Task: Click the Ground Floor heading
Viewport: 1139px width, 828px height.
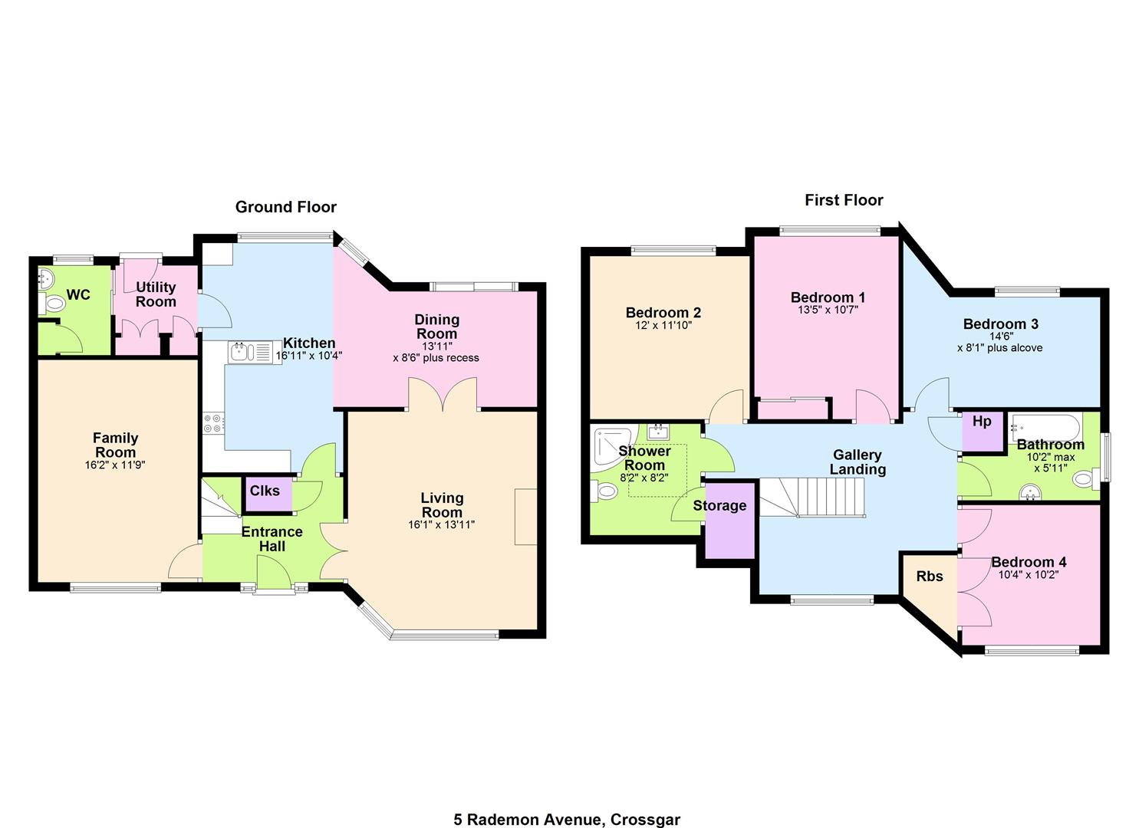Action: (x=286, y=207)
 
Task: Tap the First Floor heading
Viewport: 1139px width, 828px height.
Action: (x=844, y=200)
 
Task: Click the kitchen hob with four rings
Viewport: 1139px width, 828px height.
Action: (x=213, y=423)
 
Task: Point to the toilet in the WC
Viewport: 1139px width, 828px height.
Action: (x=51, y=304)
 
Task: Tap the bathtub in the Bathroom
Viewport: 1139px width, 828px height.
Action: (x=1045, y=428)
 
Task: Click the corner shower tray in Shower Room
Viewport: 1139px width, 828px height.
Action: (x=613, y=445)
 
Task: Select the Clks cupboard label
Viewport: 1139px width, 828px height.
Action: (x=265, y=491)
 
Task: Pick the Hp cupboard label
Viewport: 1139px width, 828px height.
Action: (x=982, y=422)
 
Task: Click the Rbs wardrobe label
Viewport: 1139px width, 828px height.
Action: (x=930, y=577)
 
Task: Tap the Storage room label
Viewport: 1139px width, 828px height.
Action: (x=719, y=506)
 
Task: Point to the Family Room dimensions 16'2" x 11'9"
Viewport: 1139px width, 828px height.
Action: (x=115, y=465)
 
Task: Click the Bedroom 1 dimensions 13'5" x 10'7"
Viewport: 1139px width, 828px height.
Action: (x=828, y=310)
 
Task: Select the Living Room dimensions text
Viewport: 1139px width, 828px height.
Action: (x=441, y=524)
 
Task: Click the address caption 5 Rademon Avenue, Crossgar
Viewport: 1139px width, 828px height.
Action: (x=567, y=820)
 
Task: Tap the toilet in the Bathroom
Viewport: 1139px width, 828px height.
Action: (x=1086, y=479)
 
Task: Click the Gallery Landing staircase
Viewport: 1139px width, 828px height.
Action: (x=812, y=498)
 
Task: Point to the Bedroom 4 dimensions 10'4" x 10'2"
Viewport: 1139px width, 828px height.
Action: (x=1029, y=575)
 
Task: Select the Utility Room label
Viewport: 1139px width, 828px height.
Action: (x=156, y=294)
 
